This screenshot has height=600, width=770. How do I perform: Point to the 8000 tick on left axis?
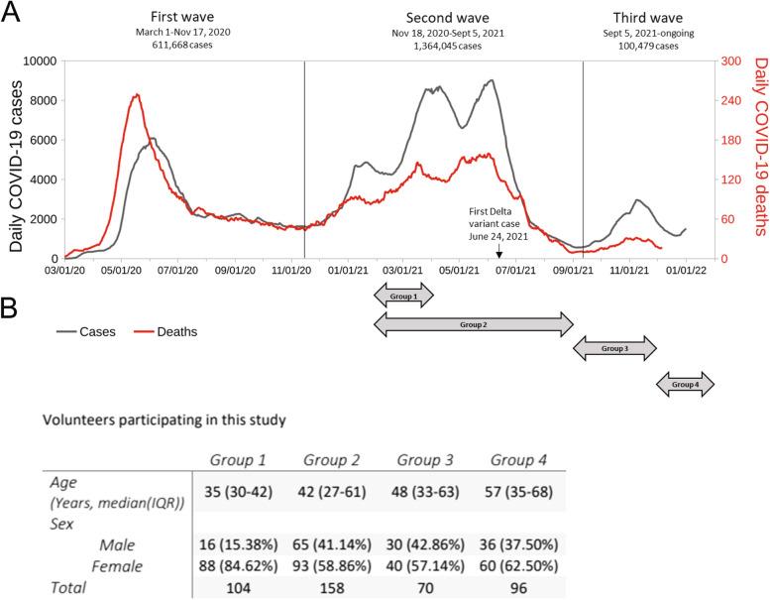point(39,100)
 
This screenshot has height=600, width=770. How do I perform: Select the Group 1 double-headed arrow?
point(403,295)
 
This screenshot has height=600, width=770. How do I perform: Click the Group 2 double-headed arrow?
point(474,323)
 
